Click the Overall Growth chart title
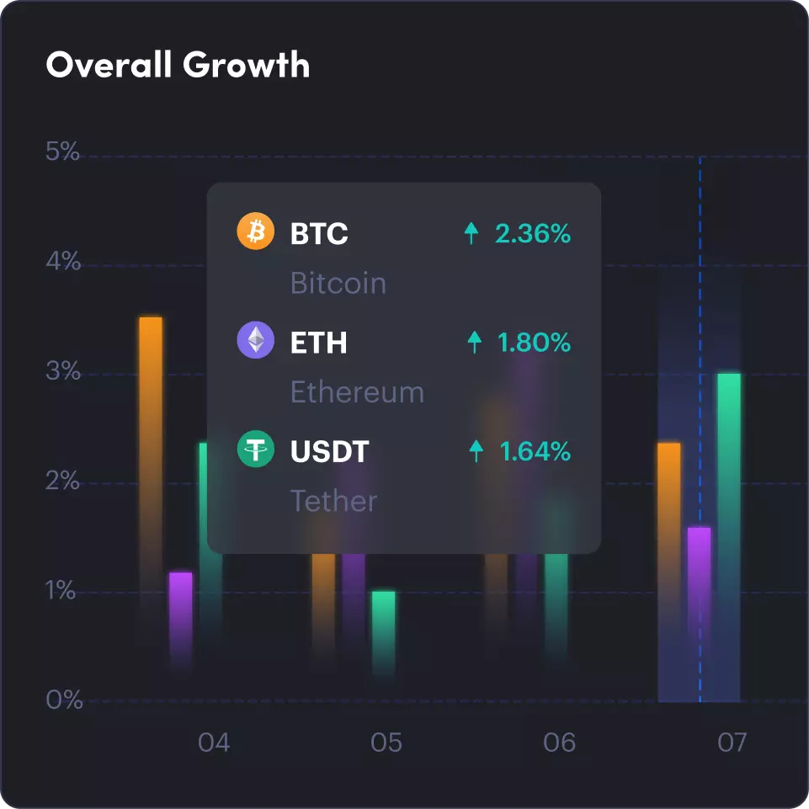pos(178,65)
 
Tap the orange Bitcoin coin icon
pos(256,232)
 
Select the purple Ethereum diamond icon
pos(256,341)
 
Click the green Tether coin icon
pos(256,450)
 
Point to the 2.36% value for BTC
pos(533,233)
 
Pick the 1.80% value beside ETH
pos(534,343)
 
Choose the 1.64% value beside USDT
pos(535,452)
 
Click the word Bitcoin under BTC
pos(338,283)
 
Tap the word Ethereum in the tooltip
pos(357,392)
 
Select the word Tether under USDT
pos(333,502)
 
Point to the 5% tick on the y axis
pos(62,153)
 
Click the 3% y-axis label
pos(62,371)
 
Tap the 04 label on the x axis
pos(214,743)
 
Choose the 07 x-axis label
pos(732,743)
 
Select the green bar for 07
pos(729,530)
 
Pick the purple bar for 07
pos(699,606)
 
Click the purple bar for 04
pos(181,615)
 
